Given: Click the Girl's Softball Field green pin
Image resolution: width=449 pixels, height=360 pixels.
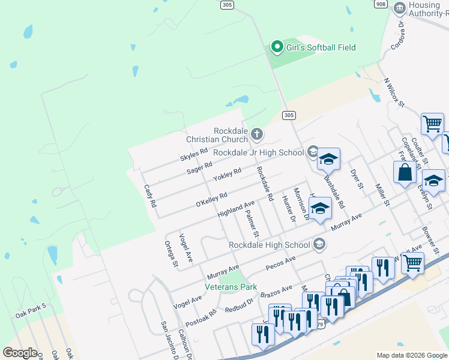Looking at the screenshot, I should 277,47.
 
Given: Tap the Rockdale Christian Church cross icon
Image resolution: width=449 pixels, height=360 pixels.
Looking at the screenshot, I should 257,133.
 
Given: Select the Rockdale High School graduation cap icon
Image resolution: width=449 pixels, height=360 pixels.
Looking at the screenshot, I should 320,244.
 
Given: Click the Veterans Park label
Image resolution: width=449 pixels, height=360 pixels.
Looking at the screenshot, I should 231,287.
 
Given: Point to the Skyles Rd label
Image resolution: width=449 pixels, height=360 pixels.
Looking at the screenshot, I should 193,155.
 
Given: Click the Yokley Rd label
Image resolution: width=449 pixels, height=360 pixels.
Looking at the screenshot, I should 228,175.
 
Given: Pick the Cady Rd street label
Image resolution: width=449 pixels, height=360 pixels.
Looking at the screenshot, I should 150,196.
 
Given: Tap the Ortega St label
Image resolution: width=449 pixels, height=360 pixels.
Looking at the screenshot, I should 171,254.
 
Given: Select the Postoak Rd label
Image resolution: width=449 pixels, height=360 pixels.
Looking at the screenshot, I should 201,318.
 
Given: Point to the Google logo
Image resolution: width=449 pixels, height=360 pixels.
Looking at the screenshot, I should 20,353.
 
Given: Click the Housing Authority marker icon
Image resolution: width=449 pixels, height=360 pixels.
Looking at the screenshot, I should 399,8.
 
